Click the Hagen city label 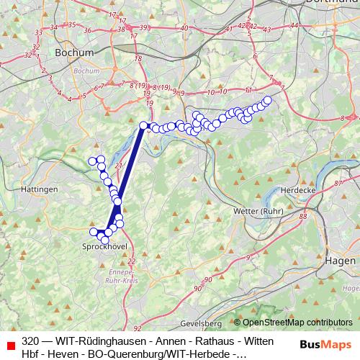pos(340,260)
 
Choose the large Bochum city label pos(73,53)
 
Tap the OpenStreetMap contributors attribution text pos(297,322)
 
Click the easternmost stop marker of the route pos(268,101)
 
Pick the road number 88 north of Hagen pos(302,216)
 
